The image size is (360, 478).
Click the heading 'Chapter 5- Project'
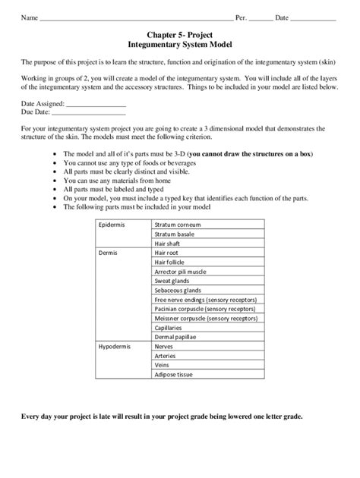pyautogui.click(x=180, y=35)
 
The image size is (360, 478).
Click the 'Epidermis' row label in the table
pyautogui.click(x=112, y=225)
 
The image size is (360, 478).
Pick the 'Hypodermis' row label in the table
pyautogui.click(x=115, y=345)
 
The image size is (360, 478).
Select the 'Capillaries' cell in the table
pyautogui.click(x=170, y=328)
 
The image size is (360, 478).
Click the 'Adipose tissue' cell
pyautogui.click(x=175, y=374)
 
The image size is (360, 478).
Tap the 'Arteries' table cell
pyautogui.click(x=166, y=355)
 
